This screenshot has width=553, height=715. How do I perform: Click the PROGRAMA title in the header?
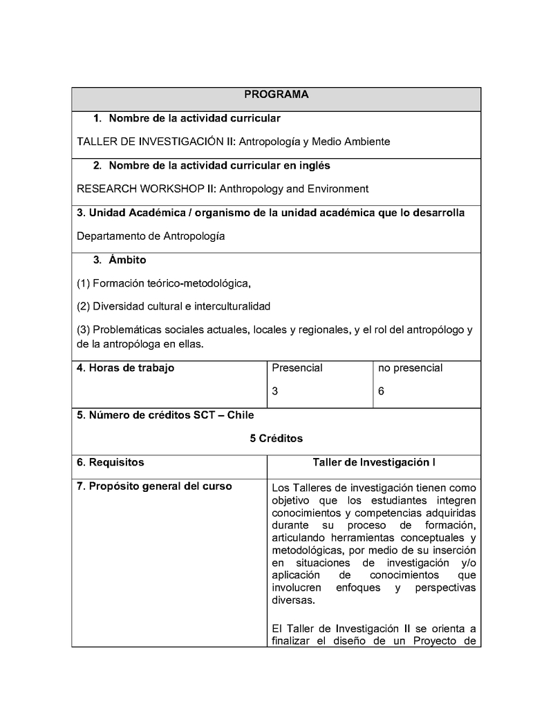tap(276, 95)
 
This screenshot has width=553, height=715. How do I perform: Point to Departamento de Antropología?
tap(151, 236)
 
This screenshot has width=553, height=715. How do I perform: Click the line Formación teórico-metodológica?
tap(163, 283)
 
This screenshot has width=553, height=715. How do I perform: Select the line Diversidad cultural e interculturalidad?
tap(173, 306)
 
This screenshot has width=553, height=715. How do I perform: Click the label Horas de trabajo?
tap(125, 368)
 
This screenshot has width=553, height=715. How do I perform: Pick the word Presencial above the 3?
tap(297, 368)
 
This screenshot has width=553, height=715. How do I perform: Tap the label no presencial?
tap(410, 368)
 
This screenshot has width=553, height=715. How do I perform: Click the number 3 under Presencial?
tap(275, 391)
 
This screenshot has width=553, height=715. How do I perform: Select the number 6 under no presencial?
tap(382, 391)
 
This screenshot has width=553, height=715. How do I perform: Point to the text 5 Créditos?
tap(276, 439)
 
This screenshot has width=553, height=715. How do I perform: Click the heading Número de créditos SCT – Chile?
tap(165, 415)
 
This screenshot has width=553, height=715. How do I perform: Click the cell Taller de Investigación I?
tap(373, 462)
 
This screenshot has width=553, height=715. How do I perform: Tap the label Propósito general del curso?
tap(154, 486)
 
